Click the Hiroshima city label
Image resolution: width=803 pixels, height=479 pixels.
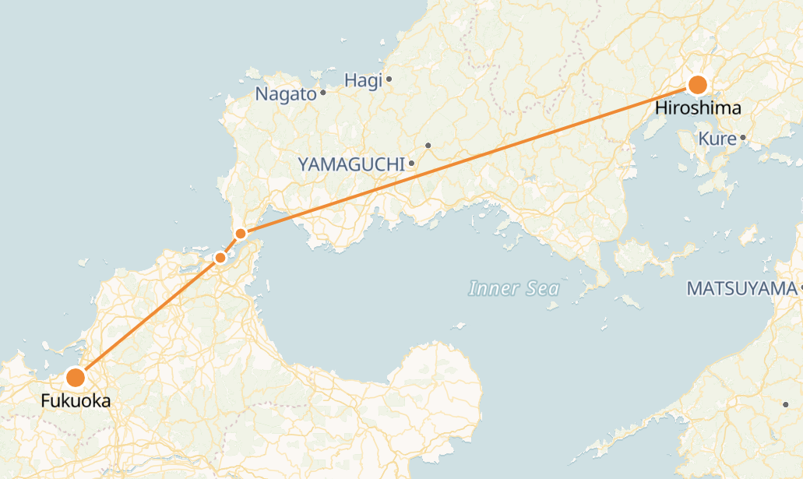coord(698,108)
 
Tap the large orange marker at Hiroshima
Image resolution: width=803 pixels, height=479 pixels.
coord(698,85)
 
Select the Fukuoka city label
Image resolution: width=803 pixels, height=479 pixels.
coord(76,402)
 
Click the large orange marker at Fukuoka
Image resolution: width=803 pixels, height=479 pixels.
coord(76,378)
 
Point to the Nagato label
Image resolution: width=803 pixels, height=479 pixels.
coord(286,94)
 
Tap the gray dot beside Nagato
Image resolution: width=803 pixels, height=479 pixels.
coord(322,93)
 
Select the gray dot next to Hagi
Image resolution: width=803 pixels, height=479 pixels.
coord(389,79)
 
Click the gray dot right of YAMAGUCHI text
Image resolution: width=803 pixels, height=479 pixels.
coord(411,164)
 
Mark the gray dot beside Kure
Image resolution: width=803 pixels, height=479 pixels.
coord(743,138)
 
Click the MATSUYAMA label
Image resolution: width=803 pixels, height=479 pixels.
coord(741,289)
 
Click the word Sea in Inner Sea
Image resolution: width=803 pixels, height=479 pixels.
coord(542,289)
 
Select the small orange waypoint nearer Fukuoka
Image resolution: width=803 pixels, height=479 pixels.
coord(220,257)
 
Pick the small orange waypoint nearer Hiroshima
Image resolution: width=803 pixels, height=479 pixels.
coord(241,234)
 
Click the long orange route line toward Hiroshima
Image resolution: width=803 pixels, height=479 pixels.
coord(467,159)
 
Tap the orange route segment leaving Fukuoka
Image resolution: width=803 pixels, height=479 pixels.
coord(148,317)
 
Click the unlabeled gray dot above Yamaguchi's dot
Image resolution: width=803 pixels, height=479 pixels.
coord(428,146)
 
